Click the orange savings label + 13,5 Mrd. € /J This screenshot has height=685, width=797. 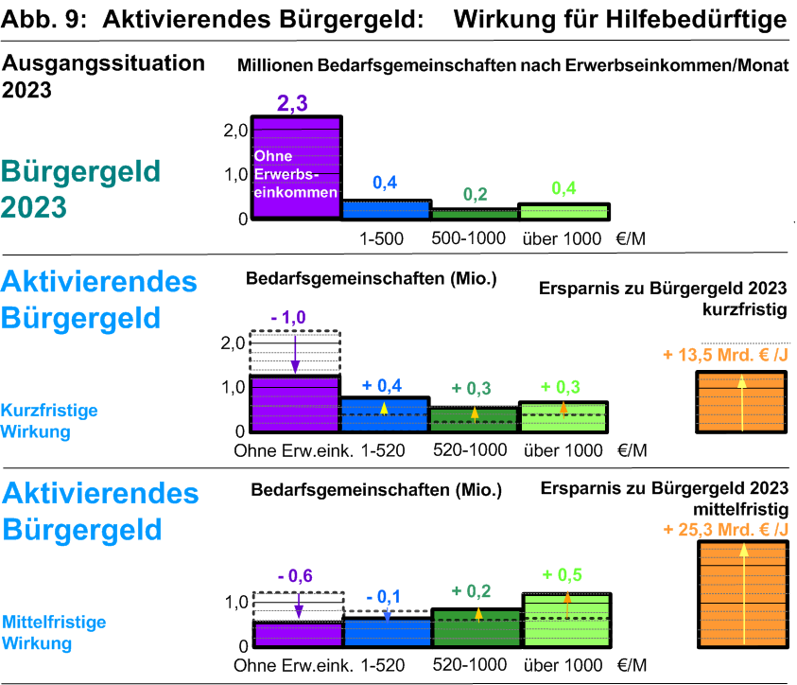(726, 356)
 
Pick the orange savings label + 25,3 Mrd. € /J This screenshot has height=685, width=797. (726, 529)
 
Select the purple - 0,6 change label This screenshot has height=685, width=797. (295, 575)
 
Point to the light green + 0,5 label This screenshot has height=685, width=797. (563, 575)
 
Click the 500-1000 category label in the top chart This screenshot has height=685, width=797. (468, 238)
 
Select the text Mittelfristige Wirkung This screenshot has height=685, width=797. (53, 633)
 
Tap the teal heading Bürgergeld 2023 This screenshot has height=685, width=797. (80, 188)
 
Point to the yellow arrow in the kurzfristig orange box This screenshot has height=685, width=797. (742, 402)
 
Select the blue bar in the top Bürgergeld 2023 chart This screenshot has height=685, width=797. (385, 209)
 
